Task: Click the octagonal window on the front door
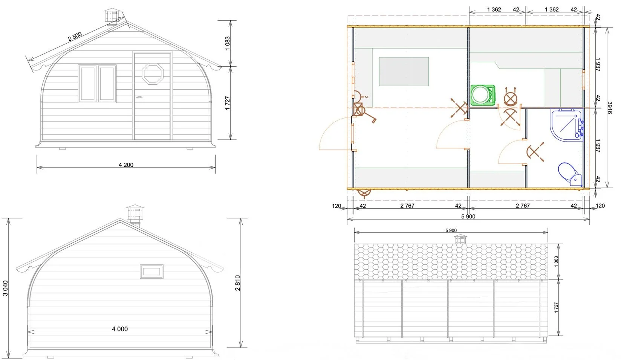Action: point(153,74)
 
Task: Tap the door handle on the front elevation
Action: point(139,97)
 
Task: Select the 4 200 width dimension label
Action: point(126,165)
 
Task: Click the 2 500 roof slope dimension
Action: point(75,37)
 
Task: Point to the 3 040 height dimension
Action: point(5,288)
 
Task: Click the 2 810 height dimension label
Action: point(237,283)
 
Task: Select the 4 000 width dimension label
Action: point(120,329)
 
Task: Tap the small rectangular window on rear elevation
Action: point(152,272)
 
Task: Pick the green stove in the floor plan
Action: point(483,95)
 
